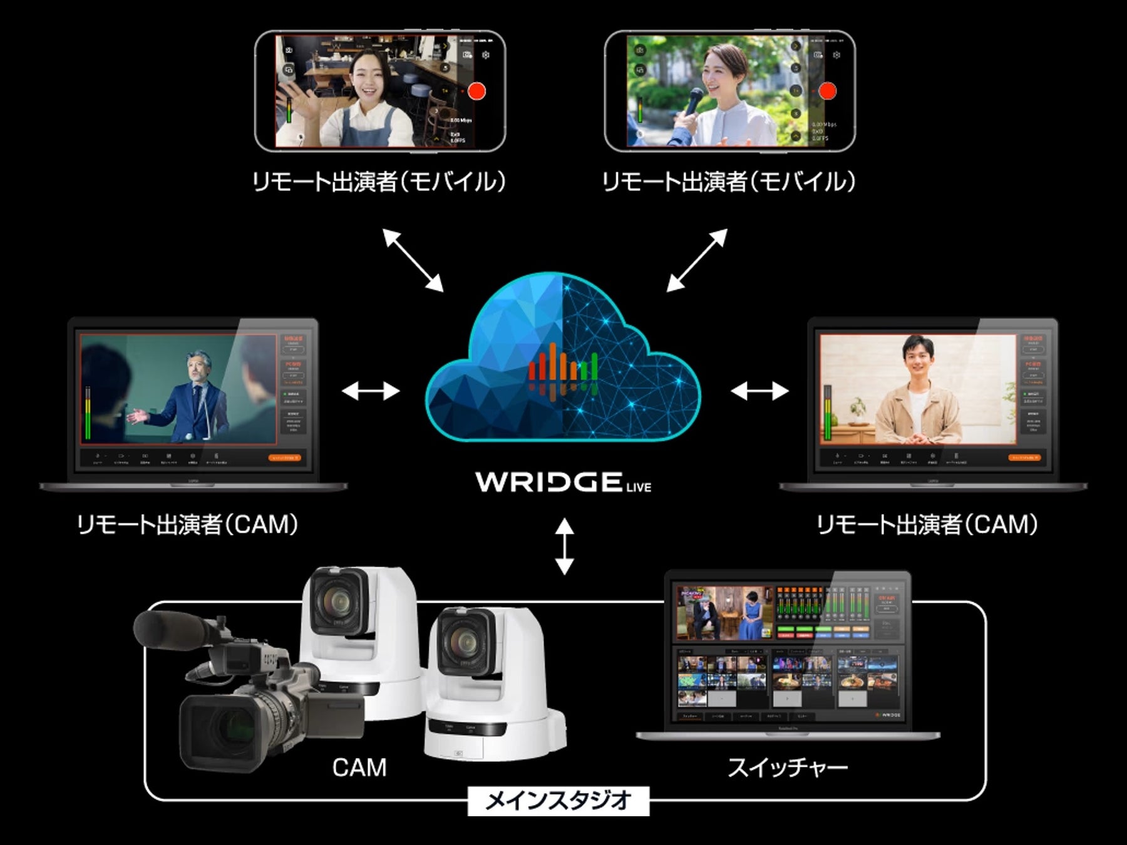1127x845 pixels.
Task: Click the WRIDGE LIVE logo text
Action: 563,482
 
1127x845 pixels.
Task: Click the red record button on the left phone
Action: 476,91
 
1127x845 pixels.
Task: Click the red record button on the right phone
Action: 827,91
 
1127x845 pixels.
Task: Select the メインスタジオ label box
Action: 558,801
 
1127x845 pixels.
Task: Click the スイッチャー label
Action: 787,767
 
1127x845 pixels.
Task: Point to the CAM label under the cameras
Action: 359,767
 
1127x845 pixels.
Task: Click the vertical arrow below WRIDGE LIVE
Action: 564,546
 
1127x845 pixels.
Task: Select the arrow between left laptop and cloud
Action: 371,391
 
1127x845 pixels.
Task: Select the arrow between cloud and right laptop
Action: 759,391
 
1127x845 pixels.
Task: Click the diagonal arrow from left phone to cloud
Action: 413,260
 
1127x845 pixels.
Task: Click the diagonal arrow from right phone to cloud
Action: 696,260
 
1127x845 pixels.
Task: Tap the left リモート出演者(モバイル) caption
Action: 378,182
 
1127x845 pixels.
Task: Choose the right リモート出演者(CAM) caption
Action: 927,525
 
